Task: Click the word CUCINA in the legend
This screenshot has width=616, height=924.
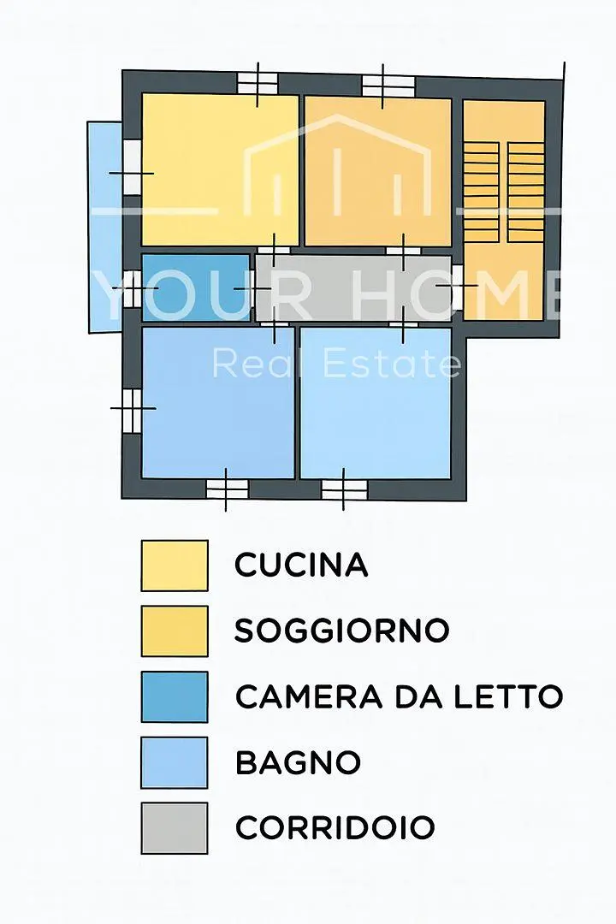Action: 301,566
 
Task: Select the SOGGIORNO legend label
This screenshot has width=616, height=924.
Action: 342,631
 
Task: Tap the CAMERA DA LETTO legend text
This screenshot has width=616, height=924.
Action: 399,696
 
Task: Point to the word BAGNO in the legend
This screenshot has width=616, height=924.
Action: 298,762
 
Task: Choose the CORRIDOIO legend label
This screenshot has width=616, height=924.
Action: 335,828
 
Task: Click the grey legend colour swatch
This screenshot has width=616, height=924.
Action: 175,828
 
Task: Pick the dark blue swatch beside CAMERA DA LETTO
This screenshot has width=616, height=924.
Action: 175,696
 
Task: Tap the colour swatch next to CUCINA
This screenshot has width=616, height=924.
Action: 175,566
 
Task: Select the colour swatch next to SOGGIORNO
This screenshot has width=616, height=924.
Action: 175,631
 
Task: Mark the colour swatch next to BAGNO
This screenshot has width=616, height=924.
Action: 175,762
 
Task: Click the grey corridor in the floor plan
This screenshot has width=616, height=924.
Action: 353,288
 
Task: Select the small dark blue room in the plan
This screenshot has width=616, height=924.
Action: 196,288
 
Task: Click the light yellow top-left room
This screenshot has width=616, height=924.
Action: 220,169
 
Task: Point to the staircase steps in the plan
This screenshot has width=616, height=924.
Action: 504,192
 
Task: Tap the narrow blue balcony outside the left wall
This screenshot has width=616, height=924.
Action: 105,227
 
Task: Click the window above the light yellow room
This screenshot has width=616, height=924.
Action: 257,83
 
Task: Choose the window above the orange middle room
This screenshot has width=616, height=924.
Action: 388,86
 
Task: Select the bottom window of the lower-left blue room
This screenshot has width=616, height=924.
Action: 227,489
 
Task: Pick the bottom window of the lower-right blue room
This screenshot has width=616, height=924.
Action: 344,489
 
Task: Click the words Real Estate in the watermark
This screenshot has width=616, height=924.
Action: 336,364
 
